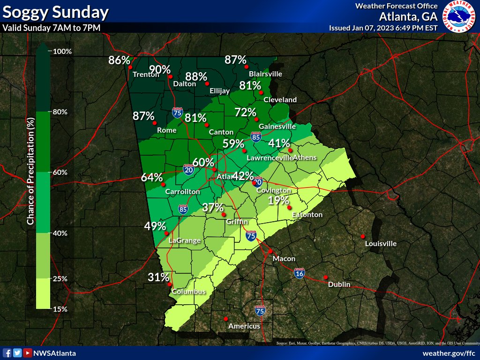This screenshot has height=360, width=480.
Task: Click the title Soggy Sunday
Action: coord(56,12)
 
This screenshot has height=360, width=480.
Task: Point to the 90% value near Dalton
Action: coord(160,70)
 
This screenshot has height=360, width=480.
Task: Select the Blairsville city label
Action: coord(265,74)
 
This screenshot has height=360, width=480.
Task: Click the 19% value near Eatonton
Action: coord(278,201)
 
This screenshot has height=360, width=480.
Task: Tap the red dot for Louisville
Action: coord(362,236)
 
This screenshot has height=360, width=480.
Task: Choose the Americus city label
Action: coord(244,326)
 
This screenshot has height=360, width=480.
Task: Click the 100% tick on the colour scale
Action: coord(62,52)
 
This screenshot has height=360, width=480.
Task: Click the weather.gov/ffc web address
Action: coord(449,353)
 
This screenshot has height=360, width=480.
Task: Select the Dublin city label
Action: coord(339,285)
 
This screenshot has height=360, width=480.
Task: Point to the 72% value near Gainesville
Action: coord(245,112)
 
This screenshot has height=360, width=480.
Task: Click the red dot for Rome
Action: coord(154,123)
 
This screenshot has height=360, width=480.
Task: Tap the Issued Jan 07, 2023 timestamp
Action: coord(383,28)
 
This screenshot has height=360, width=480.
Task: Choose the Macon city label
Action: coord(284,259)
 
